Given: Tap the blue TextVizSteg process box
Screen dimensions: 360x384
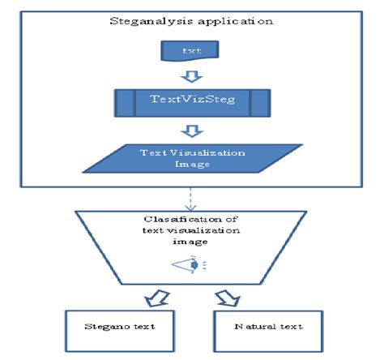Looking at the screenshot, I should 191,102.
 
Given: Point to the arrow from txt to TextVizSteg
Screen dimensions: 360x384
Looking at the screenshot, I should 190,75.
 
